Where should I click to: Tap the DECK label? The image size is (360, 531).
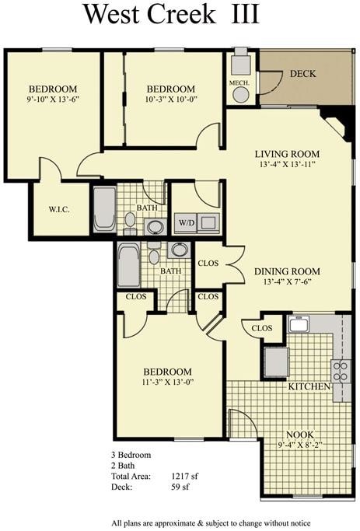(303, 74)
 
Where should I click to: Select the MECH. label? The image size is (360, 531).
(238, 82)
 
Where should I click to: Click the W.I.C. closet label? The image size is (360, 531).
(59, 208)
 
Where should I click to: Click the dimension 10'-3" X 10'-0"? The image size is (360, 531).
(170, 100)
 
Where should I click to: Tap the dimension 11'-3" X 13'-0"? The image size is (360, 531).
(167, 383)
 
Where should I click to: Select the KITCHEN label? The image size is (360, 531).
(310, 386)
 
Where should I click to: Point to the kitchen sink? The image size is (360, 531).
(300, 324)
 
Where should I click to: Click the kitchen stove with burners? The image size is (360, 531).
(341, 370)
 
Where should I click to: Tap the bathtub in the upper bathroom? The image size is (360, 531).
(105, 208)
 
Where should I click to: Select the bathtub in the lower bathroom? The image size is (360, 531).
(128, 265)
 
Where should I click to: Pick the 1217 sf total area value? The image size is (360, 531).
(187, 477)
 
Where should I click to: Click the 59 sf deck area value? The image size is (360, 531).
(181, 487)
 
